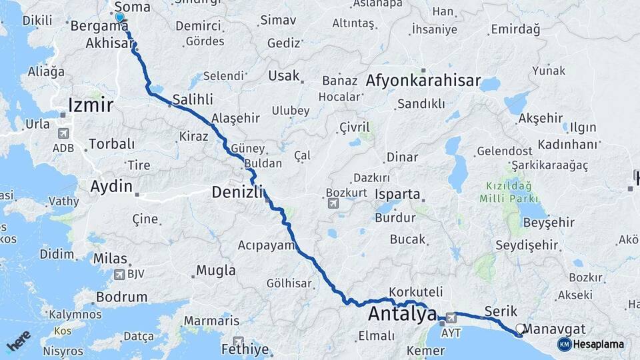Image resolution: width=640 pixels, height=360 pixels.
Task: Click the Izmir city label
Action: tap(91, 105)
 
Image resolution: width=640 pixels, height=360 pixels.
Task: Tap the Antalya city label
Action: tap(403, 313)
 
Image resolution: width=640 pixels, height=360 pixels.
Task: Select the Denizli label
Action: tap(238, 192)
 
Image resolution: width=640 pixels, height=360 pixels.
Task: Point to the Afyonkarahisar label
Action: tap(423, 81)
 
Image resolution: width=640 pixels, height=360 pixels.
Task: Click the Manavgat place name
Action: tap(555, 328)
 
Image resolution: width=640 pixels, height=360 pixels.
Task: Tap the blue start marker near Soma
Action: tap(119, 17)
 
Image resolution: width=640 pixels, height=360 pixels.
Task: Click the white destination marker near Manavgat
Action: tap(520, 329)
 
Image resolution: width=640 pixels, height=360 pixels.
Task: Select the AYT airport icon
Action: tap(451, 318)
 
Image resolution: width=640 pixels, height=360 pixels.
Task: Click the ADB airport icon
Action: tap(63, 133)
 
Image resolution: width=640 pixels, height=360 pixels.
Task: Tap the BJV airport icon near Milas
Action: tap(120, 273)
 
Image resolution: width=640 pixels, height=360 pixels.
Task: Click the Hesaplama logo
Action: tap(591, 344)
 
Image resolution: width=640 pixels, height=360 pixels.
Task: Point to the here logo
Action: tap(19, 341)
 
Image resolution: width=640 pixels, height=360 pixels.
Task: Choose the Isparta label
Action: tap(398, 195)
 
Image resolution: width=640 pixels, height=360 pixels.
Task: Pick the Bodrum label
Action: tap(121, 297)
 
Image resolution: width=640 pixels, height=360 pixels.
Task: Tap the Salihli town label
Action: tap(193, 99)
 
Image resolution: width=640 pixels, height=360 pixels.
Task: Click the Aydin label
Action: tap(111, 186)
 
